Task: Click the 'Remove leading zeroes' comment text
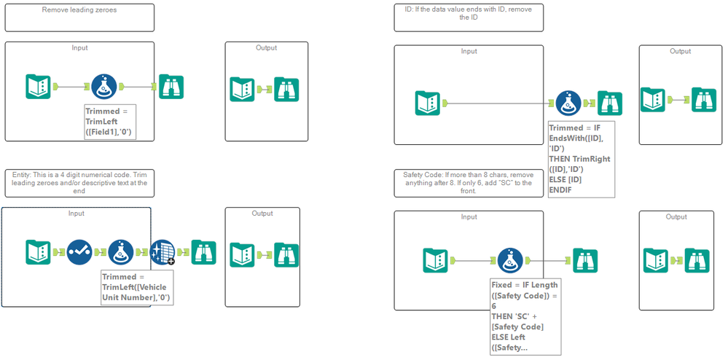coord(79,9)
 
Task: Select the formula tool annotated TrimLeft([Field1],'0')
coord(104,87)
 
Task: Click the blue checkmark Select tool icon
coord(79,252)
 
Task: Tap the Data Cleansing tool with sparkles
coord(163,252)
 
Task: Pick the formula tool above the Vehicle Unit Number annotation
coord(121,252)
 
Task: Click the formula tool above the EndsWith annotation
coord(568,103)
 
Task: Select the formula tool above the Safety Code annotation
coord(510,261)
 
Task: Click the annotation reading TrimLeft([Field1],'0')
coord(110,122)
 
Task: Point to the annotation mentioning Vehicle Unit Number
coord(137,287)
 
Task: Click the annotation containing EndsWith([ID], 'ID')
coord(582,160)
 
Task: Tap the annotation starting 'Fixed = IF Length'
coord(525,316)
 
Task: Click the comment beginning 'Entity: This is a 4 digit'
coord(79,183)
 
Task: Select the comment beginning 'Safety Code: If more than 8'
coord(469,183)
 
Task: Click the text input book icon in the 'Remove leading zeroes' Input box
coord(38,87)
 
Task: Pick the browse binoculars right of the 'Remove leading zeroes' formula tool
coord(171,87)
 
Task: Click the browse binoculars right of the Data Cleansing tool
coord(204,252)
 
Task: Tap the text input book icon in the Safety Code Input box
coord(435,261)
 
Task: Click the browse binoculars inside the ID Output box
coord(704,99)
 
